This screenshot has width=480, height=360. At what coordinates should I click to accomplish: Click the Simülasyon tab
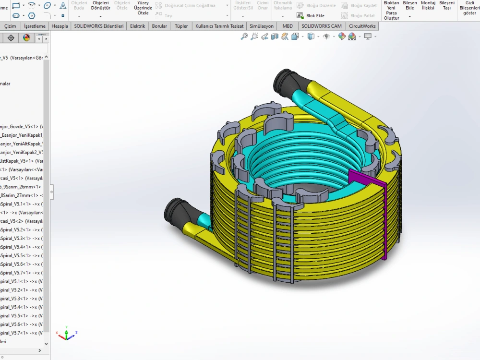coord(262,26)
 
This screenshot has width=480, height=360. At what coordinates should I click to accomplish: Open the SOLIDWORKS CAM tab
coord(322,26)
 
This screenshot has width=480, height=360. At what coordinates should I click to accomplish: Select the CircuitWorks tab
coord(362,26)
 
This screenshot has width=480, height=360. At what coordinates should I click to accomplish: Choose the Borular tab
coord(159,26)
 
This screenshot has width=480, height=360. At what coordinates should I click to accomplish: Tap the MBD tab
coord(288,26)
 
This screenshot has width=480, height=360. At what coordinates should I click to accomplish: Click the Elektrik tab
coord(138,26)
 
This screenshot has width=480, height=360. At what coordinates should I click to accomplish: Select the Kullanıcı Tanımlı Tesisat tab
coord(219,26)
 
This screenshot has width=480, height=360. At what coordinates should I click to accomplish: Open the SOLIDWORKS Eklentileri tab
coord(98,26)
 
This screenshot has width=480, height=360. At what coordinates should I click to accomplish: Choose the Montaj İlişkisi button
coord(428,5)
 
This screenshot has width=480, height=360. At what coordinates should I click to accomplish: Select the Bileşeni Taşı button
coord(446,5)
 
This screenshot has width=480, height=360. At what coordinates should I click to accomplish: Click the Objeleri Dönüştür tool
coord(101,5)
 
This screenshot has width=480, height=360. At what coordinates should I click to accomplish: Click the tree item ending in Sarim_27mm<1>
coord(22,195)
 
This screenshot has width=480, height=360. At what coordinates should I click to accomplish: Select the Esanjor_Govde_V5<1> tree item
coord(22,126)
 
